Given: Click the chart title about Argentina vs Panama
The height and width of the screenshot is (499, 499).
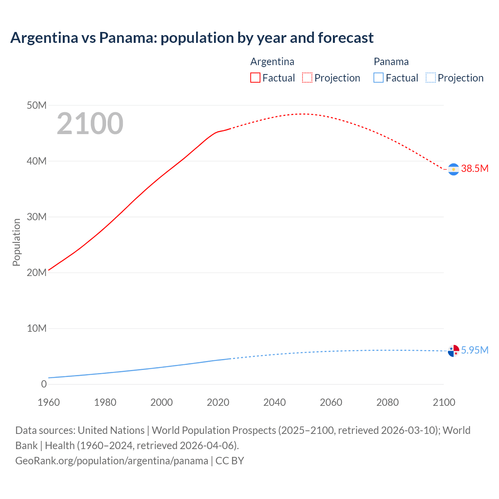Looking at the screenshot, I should pos(192,38).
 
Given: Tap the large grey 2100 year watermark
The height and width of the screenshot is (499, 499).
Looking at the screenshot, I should pos(90,124).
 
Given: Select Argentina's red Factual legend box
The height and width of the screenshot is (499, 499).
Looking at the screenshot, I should pos(255,78).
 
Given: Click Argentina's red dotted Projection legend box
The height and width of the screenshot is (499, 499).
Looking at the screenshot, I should pos(307,78).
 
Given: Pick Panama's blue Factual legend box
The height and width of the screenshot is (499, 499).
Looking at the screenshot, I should pos(379,78).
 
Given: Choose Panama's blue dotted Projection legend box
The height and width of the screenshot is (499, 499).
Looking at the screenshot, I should pos(431,78).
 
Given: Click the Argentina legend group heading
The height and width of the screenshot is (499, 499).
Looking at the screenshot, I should pos(272,62).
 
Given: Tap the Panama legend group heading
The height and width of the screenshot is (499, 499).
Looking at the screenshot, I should pos(391,62).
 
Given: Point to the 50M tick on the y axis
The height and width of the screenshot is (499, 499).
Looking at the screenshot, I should pos(37,105).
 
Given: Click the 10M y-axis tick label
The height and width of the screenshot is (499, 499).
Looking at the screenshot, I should pos(37,328).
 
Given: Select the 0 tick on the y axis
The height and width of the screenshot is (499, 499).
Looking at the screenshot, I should pos(44,384).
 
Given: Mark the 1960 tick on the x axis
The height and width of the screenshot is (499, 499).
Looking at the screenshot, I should pos(49,402).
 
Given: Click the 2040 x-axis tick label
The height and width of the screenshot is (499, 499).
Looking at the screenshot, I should pos(274,402).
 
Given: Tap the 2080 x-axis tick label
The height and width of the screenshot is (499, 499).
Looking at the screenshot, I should pos(388,402).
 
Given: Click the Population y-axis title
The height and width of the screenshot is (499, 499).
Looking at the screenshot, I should pos(16,242).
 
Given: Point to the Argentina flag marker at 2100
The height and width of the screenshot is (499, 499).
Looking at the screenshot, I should pos(453,169).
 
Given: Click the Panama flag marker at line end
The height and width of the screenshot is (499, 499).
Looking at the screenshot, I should pos(453,351).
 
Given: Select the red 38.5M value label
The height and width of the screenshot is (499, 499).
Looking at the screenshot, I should pos(474,168).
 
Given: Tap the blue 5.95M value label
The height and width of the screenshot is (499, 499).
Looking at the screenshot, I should pos(474,350).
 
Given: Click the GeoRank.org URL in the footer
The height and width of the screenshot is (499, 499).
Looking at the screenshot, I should pos(111,461).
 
